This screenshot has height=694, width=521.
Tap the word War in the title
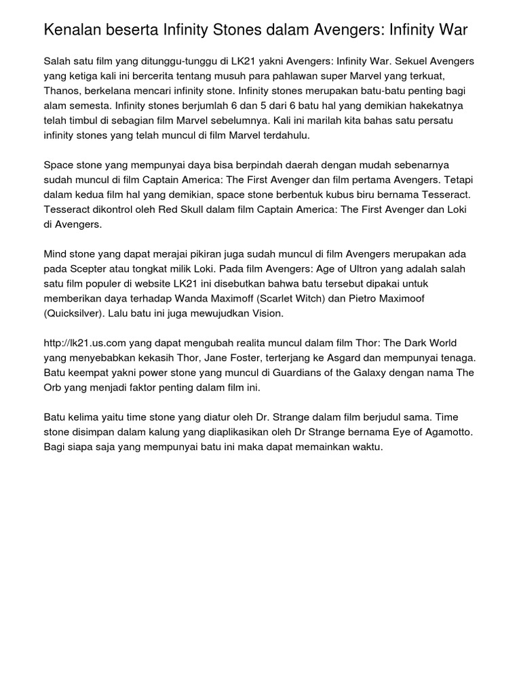pos(452,30)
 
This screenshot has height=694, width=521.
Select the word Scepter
pos(87,268)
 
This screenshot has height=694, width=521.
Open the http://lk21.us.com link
pos(85,343)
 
